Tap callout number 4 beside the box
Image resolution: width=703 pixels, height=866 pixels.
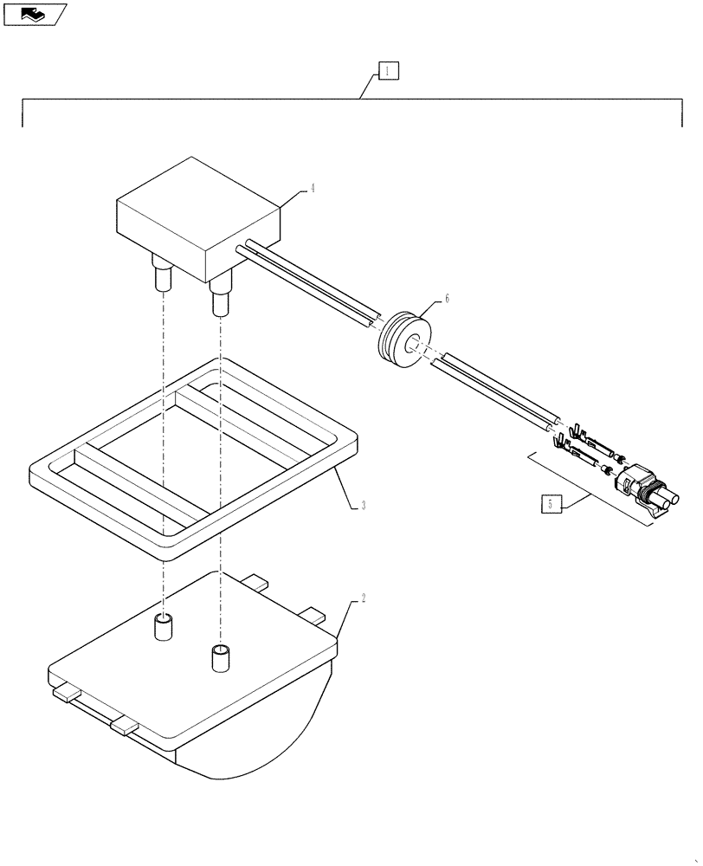pyautogui.click(x=312, y=188)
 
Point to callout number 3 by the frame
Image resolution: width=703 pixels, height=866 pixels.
pyautogui.click(x=364, y=505)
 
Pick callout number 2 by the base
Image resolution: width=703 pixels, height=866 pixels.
pyautogui.click(x=364, y=598)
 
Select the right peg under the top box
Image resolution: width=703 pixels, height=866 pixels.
pyautogui.click(x=220, y=300)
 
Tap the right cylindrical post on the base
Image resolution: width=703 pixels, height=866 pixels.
pyautogui.click(x=222, y=658)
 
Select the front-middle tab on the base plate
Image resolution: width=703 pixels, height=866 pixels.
pyautogui.click(x=123, y=726)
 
